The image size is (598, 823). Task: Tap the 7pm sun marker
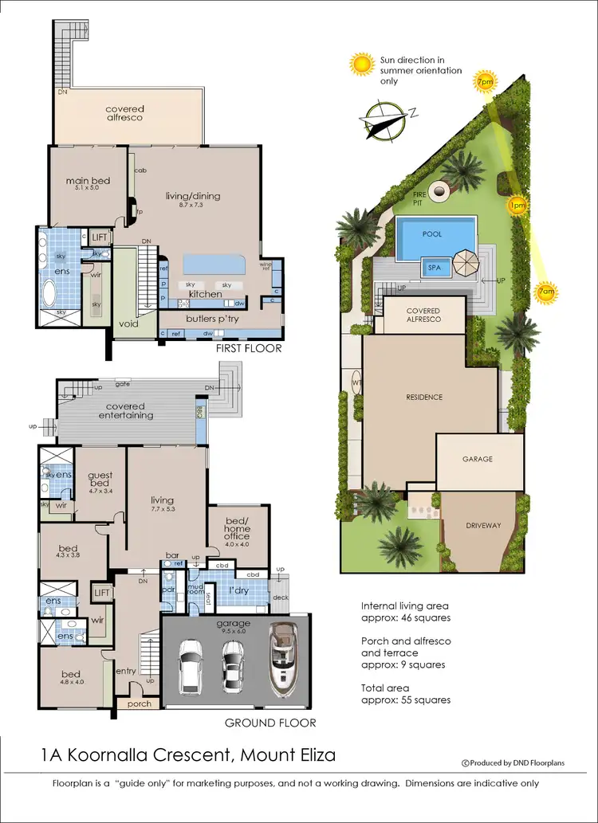(x=483, y=81)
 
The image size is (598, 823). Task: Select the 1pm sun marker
(x=517, y=206)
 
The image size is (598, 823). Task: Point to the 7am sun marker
(x=546, y=293)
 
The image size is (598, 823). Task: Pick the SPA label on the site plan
(x=435, y=268)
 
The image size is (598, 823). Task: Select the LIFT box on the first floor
(x=100, y=237)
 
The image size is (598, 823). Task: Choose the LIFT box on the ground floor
(x=101, y=593)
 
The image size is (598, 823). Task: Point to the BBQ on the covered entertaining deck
(x=200, y=412)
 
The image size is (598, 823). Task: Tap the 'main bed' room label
(x=88, y=181)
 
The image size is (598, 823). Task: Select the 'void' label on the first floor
(x=128, y=324)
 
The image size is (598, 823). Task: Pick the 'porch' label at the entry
(x=139, y=703)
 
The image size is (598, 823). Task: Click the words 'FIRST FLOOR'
(x=250, y=349)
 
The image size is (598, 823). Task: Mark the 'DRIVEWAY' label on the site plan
(x=482, y=525)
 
